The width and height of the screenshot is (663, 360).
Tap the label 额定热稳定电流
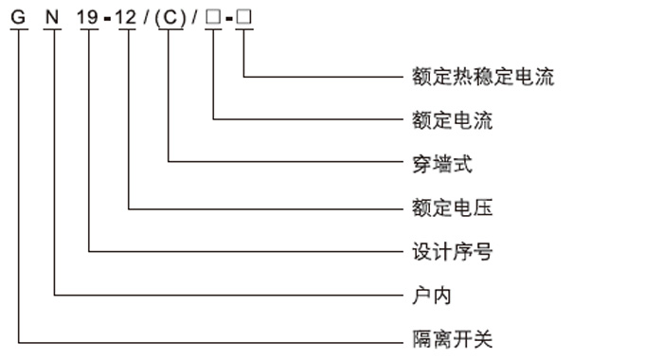[x=482, y=77]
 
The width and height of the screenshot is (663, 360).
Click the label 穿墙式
[x=441, y=164]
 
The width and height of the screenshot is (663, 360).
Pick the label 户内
[x=431, y=295]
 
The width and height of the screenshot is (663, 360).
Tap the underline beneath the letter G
[x=17, y=32]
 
